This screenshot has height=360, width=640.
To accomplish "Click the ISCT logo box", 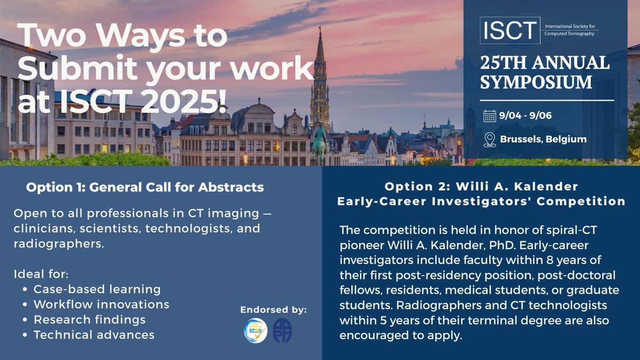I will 507,30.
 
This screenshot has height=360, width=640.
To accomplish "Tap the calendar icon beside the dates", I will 490,115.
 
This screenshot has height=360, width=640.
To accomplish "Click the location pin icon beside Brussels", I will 490,140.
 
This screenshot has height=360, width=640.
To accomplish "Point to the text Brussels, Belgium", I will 543,139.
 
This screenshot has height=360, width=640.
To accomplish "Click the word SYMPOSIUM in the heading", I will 535,83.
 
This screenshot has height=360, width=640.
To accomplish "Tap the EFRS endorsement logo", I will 254,331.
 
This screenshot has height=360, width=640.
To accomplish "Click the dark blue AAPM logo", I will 282,331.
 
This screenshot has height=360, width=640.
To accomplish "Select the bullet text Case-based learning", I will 97,289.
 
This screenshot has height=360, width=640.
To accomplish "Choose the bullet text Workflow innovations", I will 101,305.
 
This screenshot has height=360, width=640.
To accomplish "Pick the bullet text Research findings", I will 89,319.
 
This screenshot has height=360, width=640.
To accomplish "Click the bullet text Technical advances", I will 94,335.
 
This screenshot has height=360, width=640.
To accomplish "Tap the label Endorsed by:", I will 274,310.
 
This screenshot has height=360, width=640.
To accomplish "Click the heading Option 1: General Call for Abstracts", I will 145,187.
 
